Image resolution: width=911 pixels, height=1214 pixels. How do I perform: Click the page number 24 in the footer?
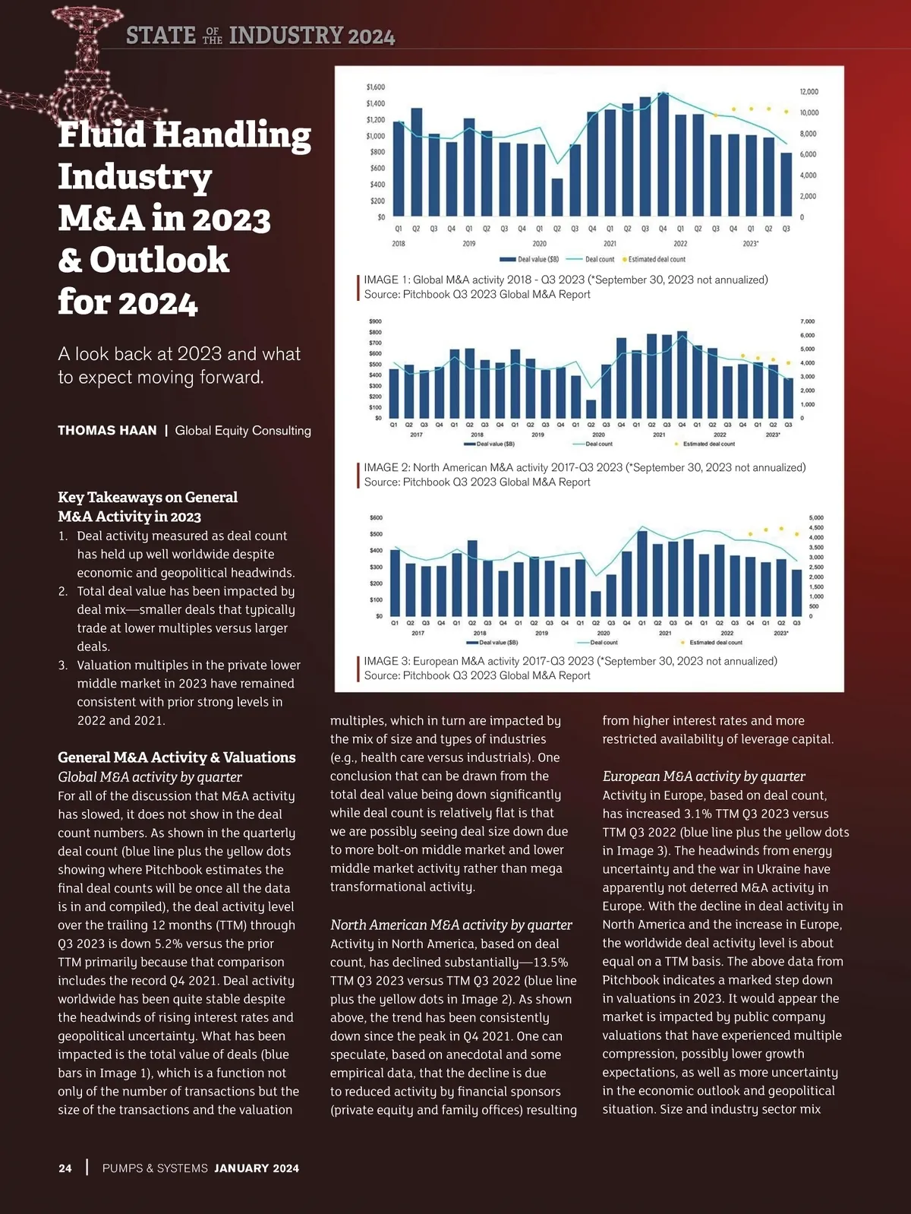pyautogui.click(x=65, y=1168)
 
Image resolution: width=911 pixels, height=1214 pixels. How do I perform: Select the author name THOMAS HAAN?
pyautogui.click(x=107, y=431)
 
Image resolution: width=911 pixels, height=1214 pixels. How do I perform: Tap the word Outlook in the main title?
pyautogui.click(x=159, y=260)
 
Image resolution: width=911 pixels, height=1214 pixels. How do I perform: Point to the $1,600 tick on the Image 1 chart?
pyautogui.click(x=375, y=87)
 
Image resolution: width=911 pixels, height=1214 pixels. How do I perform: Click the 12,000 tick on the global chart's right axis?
pyautogui.click(x=809, y=92)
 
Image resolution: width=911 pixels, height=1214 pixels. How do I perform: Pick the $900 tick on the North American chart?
pyautogui.click(x=375, y=321)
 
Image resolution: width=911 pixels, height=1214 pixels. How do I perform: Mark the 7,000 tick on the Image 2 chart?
pyautogui.click(x=808, y=321)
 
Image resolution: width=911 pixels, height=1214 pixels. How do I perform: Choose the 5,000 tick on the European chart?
pyautogui.click(x=816, y=518)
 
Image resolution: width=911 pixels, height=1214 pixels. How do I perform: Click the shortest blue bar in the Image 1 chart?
pyautogui.click(x=557, y=198)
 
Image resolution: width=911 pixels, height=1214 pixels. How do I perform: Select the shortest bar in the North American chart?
pyautogui.click(x=591, y=409)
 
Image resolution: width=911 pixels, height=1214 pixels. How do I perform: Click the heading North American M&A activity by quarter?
pyautogui.click(x=451, y=925)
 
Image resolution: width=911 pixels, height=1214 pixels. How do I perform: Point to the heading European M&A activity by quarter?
pyautogui.click(x=704, y=776)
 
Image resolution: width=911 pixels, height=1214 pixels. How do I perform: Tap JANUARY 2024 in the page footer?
pyautogui.click(x=257, y=1168)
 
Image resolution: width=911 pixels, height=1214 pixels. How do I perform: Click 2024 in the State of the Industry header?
pyautogui.click(x=371, y=36)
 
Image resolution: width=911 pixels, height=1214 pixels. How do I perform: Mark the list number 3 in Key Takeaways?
pyautogui.click(x=63, y=665)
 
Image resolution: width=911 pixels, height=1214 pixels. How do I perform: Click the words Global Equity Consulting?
pyautogui.click(x=243, y=431)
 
